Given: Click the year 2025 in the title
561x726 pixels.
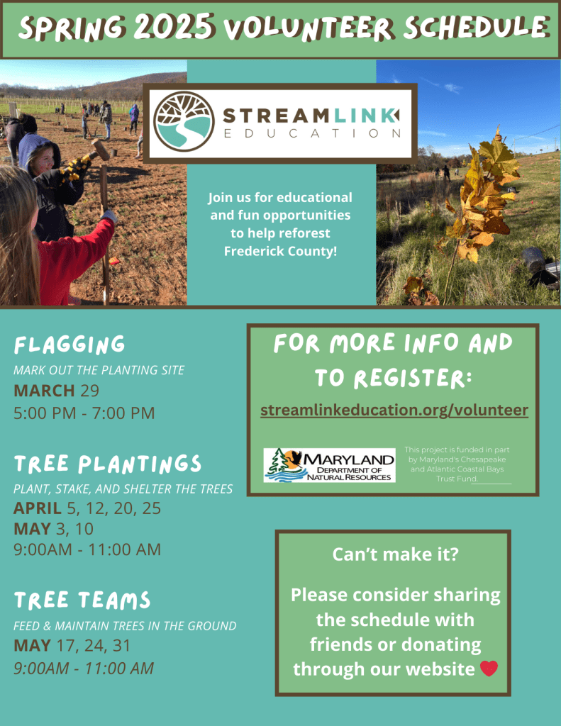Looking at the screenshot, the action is [x=174, y=26].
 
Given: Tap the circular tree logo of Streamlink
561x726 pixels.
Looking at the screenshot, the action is [x=184, y=121].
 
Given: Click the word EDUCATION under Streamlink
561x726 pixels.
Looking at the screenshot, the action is [x=312, y=133].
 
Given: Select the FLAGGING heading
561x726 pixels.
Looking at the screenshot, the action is [x=70, y=345].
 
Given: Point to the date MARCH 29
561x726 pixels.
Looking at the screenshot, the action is [x=56, y=391].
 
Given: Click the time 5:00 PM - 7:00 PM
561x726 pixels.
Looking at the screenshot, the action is [x=84, y=413].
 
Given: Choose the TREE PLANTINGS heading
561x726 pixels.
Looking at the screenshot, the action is [x=108, y=464].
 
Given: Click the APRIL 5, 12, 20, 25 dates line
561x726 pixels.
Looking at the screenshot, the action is [x=87, y=508].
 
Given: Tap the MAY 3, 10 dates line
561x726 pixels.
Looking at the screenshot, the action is [x=53, y=528].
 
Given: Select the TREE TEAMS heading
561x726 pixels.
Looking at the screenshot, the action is [x=82, y=600].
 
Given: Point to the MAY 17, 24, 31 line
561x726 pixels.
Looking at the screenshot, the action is [x=72, y=645].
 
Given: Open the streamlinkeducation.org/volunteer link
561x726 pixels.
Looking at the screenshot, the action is [x=394, y=411].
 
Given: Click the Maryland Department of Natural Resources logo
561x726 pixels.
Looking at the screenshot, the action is [x=329, y=465].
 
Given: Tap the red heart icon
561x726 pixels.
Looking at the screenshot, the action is [x=489, y=668].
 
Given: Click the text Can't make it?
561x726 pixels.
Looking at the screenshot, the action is [x=395, y=554].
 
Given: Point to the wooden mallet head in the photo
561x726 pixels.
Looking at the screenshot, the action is [x=100, y=149].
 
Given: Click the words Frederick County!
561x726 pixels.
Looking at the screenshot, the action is [x=280, y=251].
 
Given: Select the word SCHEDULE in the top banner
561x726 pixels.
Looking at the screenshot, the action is [x=476, y=28].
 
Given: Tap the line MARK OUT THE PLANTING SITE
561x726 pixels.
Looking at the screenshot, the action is [x=99, y=370].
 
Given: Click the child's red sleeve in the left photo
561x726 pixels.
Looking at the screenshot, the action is [x=77, y=257].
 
